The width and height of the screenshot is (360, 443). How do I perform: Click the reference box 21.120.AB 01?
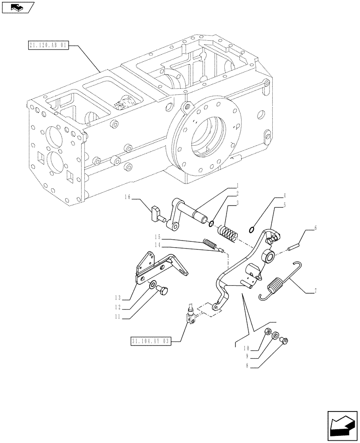click(47, 46)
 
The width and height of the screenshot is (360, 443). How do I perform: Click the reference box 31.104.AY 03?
click(151, 341)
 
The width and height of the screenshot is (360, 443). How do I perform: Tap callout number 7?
click(315, 291)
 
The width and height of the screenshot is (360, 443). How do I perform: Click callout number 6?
click(315, 228)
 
